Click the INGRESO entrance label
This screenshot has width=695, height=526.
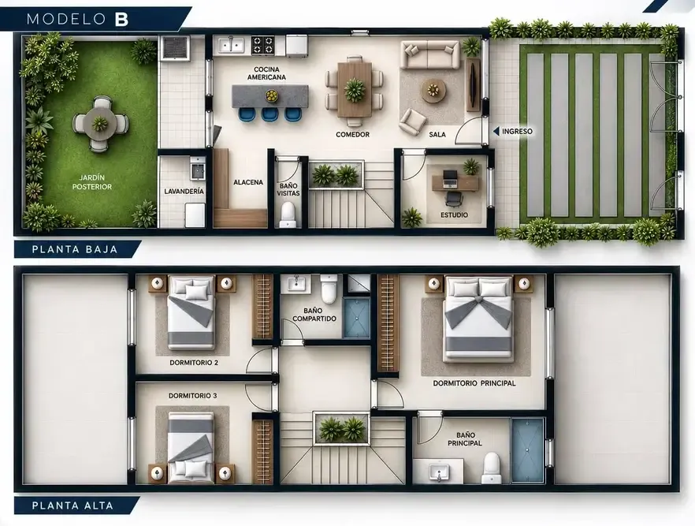[517, 131]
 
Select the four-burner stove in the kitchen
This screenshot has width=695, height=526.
[262, 45]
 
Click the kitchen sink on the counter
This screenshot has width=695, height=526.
[230, 45]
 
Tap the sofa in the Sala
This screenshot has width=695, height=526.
[429, 55]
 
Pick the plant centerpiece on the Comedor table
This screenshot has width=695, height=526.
[355, 89]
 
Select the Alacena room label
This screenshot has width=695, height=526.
[248, 182]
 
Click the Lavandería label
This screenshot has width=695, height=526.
[184, 191]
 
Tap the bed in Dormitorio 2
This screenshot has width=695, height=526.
[191, 312]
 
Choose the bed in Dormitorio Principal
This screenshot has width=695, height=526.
[478, 317]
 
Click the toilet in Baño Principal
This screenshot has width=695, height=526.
[491, 468]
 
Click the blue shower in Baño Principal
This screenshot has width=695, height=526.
[528, 450]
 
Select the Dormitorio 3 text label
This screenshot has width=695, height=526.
[193, 396]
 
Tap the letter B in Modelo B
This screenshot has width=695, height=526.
[121, 19]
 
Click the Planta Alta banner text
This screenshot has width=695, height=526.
[72, 505]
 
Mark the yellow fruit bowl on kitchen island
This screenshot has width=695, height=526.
[270, 95]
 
